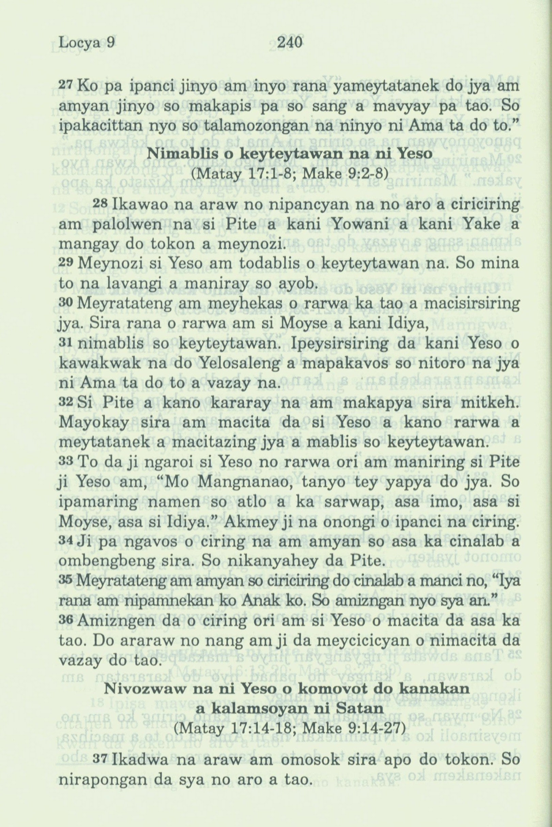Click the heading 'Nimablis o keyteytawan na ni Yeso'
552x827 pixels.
pos(288,154)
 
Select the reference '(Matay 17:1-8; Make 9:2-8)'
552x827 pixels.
pos(289,174)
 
